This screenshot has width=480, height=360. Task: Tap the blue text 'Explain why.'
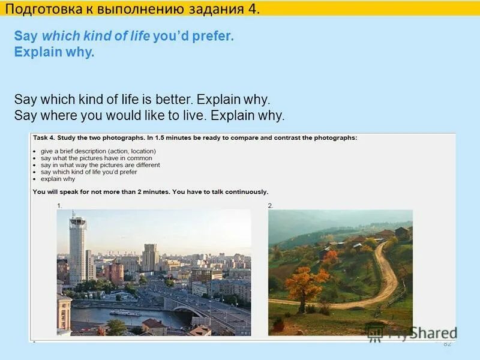pos(55,52)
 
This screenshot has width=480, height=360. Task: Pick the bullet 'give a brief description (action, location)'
pos(98,151)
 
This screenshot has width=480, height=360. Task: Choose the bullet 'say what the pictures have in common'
pos(96,158)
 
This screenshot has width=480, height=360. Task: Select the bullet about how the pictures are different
pos(100,165)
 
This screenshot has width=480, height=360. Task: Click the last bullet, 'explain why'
pos(58,179)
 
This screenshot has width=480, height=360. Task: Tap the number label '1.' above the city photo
pos(59,205)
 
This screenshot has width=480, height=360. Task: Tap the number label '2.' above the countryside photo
pos(271,205)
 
